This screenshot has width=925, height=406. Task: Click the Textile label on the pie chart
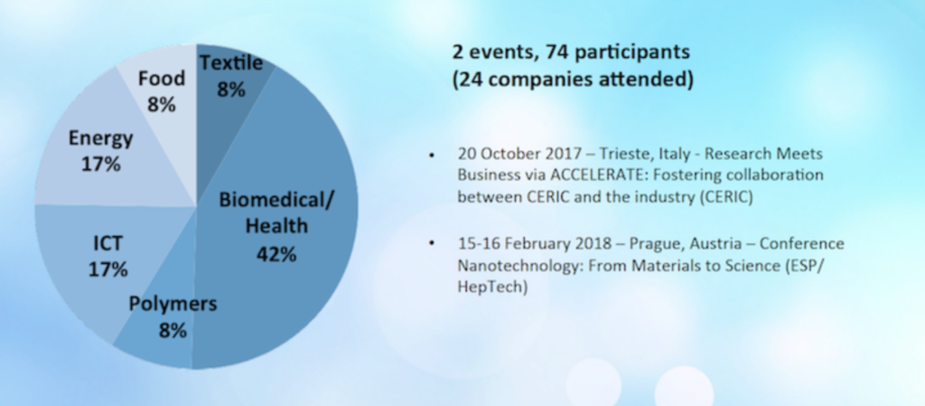(x=231, y=62)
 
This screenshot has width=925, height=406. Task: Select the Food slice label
(x=162, y=78)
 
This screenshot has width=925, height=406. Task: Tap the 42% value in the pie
(x=276, y=254)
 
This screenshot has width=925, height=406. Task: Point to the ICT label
(x=108, y=242)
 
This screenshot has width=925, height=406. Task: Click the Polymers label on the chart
(x=173, y=304)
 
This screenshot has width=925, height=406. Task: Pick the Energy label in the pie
(x=101, y=138)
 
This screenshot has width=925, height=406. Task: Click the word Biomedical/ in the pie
(x=276, y=200)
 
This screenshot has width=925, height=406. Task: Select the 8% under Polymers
(x=173, y=330)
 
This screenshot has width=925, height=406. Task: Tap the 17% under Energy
(x=101, y=164)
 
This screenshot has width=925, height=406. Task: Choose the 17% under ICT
(x=108, y=269)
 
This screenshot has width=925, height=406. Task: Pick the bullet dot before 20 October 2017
(x=433, y=156)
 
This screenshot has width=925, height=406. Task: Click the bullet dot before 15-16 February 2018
(x=433, y=243)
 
